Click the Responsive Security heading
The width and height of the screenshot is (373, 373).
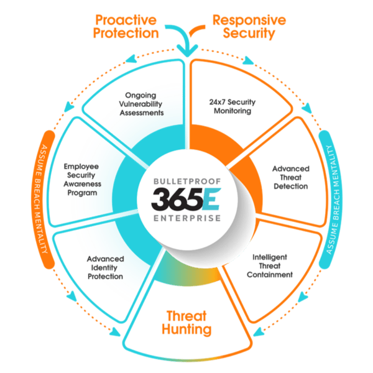(249, 27)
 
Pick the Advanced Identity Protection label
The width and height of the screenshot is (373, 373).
(104, 267)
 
